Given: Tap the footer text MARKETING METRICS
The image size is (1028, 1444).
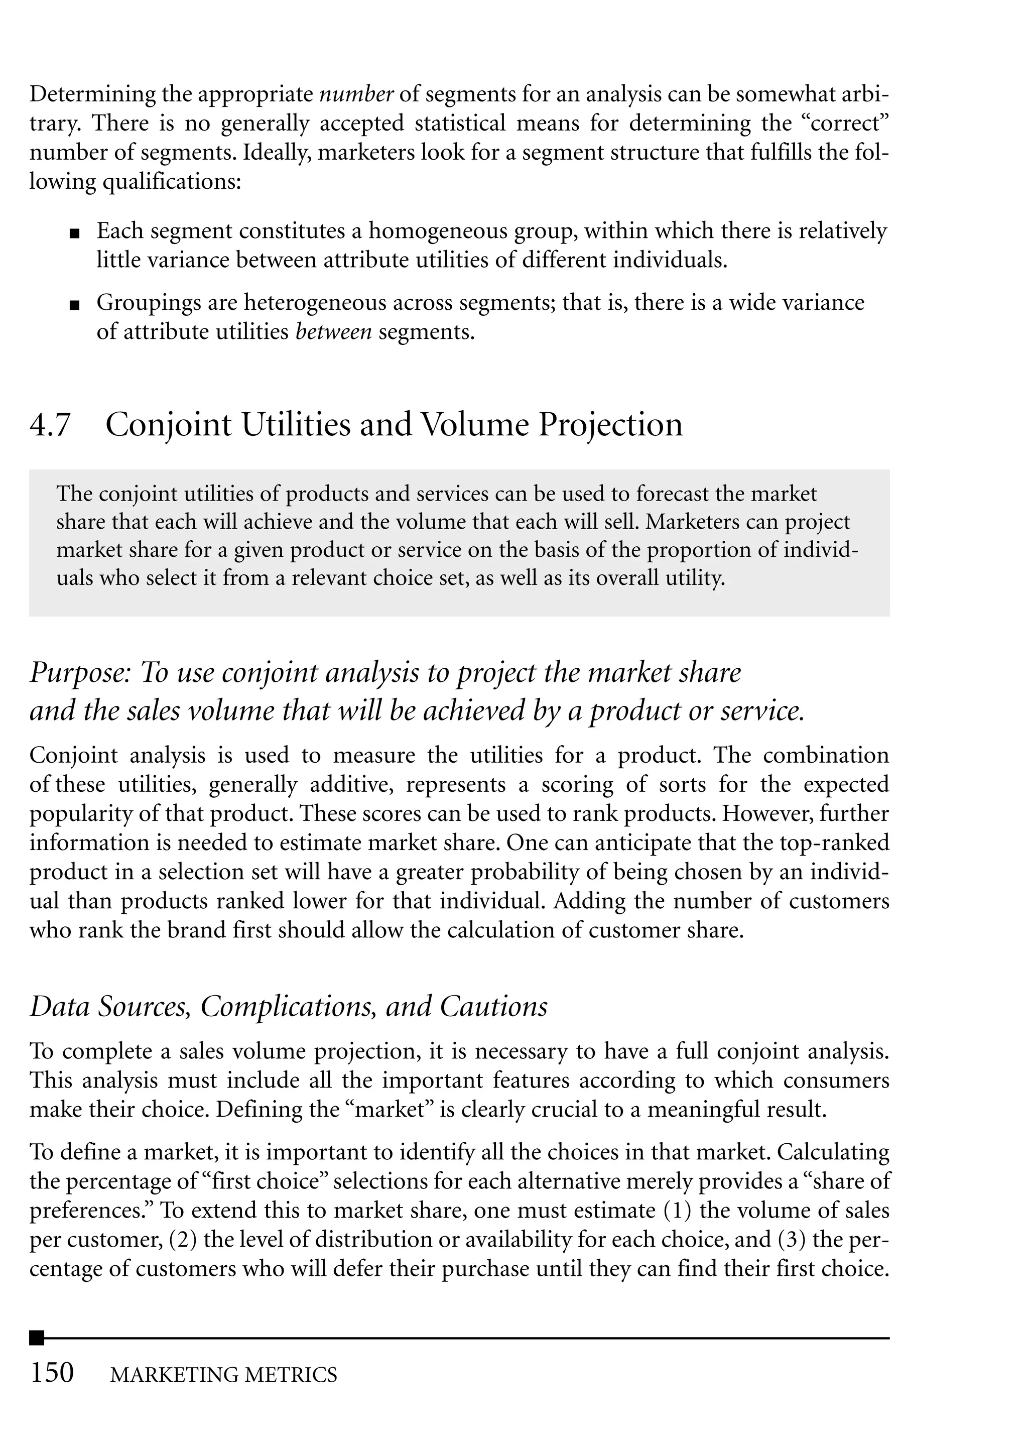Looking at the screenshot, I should coord(223,1374).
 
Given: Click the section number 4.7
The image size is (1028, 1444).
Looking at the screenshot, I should coord(49,425).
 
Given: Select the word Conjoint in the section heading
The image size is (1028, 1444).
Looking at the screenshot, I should coord(169,425).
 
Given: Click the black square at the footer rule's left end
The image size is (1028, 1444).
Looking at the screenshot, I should coord(37,1338).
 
